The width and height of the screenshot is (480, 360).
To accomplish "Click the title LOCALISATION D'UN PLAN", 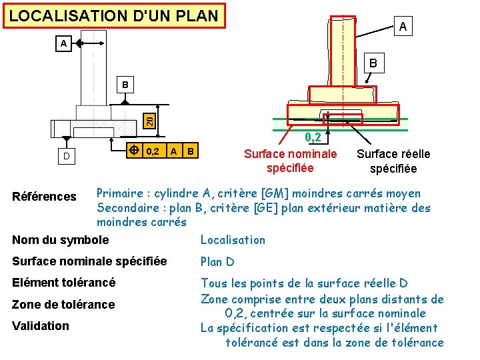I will click(114, 15).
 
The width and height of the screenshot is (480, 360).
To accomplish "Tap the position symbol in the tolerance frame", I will click(133, 151).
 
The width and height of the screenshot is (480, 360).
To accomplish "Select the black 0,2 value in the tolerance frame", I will click(153, 151).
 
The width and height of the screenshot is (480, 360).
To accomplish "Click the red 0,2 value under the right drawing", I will click(313, 138).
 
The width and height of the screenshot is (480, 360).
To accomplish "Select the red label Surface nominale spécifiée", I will click(290, 161).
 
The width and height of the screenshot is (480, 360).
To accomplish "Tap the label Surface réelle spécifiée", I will click(393, 161).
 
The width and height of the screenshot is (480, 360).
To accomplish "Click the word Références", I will click(44, 196).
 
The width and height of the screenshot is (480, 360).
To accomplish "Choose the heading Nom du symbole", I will click(60, 240).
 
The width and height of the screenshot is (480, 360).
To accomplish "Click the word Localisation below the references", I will click(233, 240).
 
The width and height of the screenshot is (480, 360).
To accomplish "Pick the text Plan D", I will click(217, 262).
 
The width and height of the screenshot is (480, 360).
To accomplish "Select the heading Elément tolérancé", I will click(63, 283).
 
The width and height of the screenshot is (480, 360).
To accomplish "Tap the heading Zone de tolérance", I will click(63, 305).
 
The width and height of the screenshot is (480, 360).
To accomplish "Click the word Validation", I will click(41, 326).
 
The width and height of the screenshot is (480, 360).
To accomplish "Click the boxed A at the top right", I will click(402, 27).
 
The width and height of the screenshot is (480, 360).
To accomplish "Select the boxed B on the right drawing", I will click(373, 63).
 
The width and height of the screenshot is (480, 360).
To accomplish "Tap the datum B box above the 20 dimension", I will click(125, 85).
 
